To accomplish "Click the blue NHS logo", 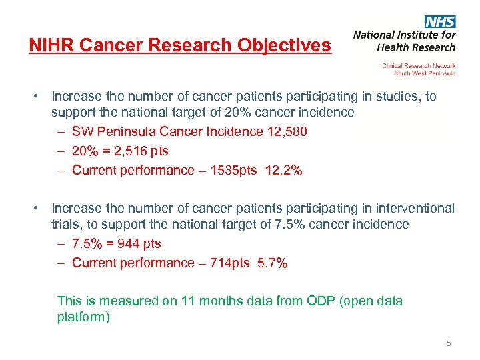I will pos(440,21).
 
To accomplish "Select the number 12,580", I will pos(287,131).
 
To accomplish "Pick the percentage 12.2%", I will pos(283,170).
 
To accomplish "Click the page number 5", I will pos(449,343).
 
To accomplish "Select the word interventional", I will pos(413,209).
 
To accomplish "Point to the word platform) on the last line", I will pos(84,317).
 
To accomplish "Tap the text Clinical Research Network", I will pos(419,66).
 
